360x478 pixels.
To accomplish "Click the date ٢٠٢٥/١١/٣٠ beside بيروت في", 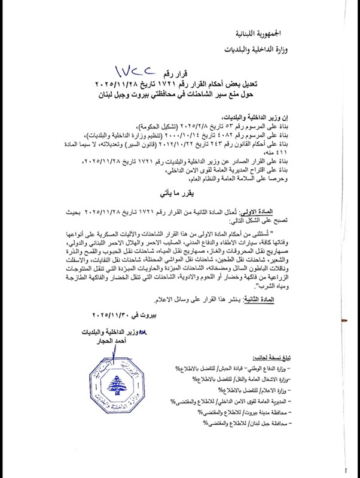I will pyautogui.click(x=116, y=314).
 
